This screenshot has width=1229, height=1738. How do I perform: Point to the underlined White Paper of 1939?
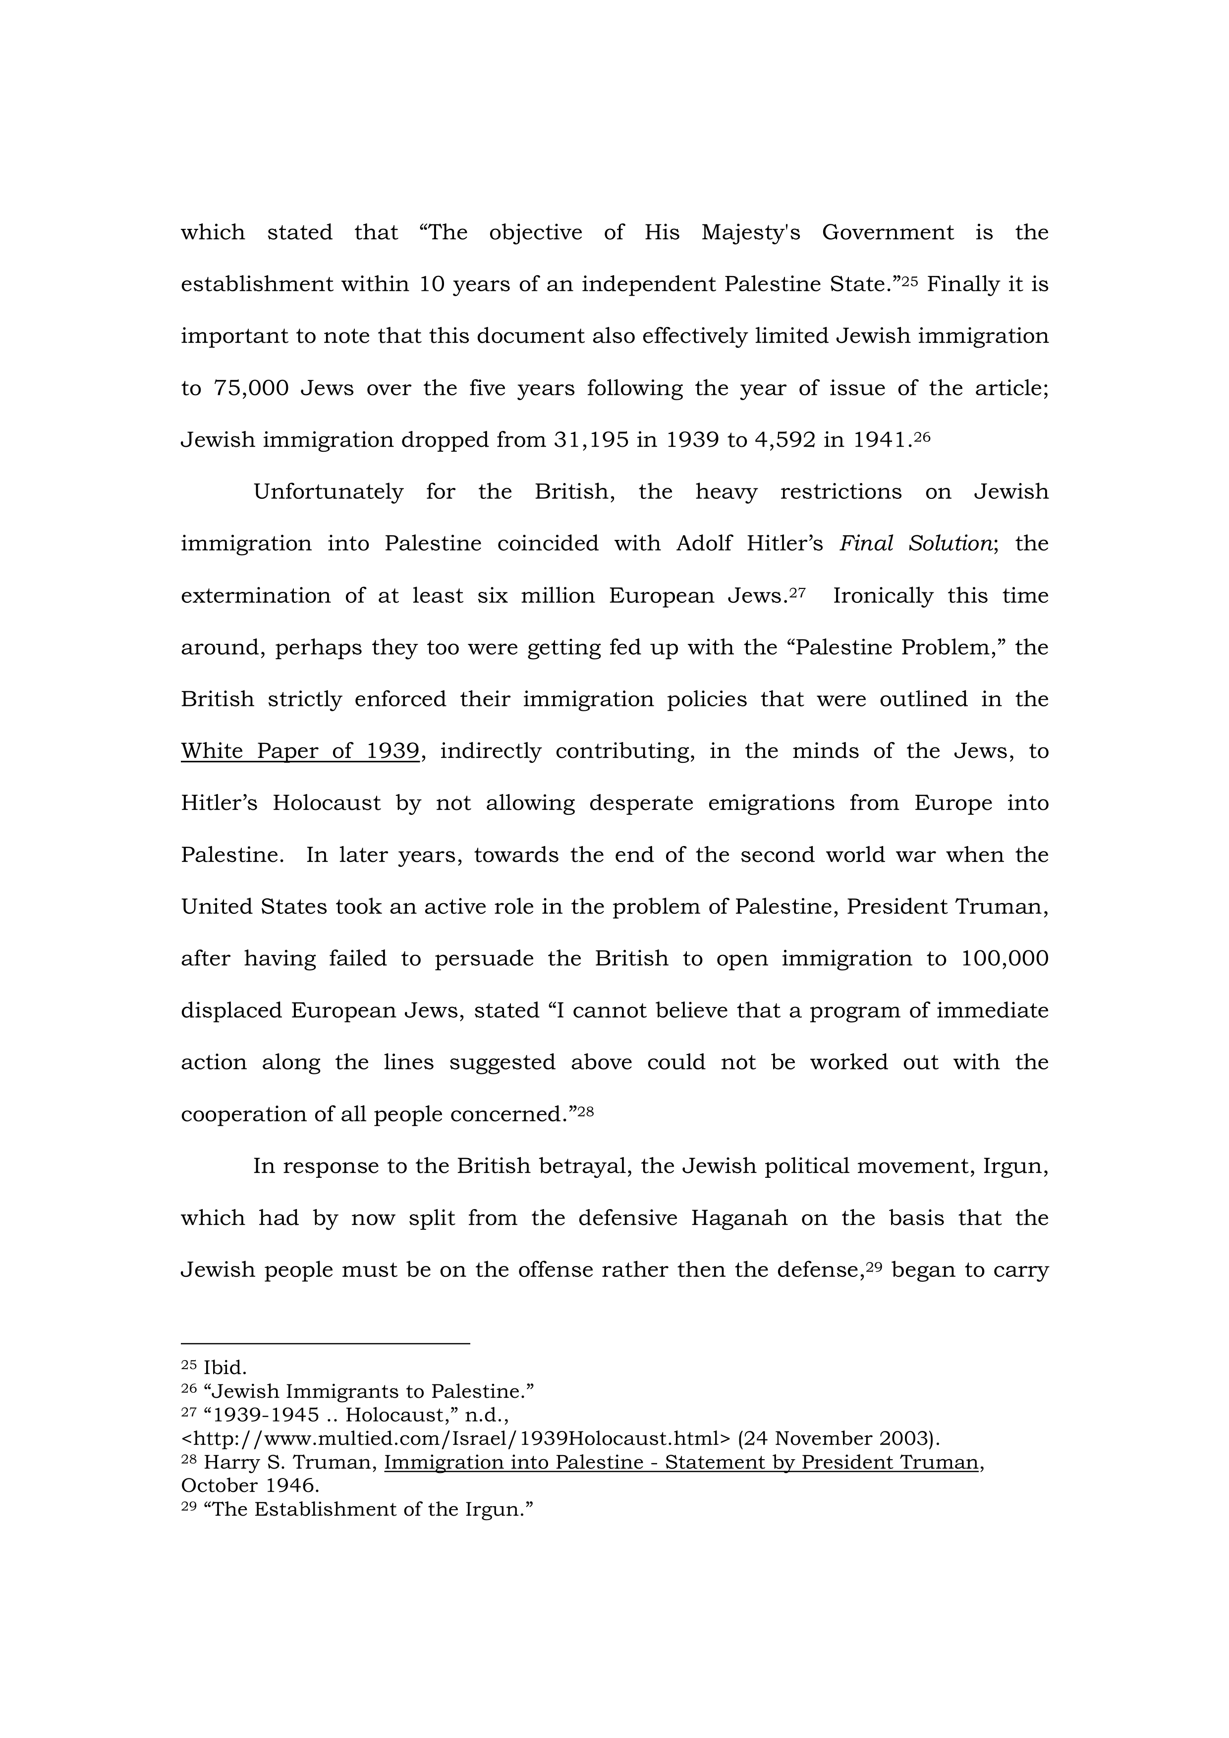(300, 751)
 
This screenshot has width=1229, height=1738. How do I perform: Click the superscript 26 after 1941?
(922, 436)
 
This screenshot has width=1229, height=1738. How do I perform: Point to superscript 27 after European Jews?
(797, 592)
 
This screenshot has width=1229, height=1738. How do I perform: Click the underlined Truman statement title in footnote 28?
(681, 1463)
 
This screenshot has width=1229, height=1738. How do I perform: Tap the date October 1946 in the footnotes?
(250, 1486)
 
